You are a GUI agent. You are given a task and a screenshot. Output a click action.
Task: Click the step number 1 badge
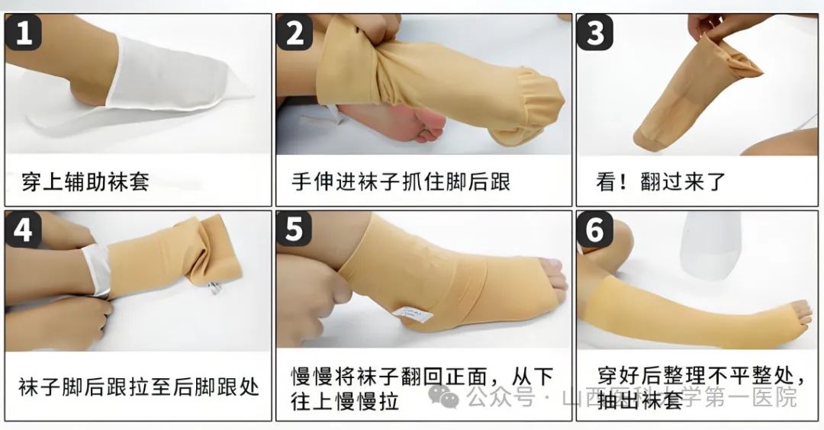(x=24, y=32)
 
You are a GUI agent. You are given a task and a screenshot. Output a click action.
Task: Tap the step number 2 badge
(x=295, y=32)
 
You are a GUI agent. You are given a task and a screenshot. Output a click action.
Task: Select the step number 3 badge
(x=595, y=32)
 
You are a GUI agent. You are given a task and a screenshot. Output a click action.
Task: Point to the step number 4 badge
(x=24, y=229)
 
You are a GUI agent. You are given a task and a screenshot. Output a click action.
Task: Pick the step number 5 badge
(x=294, y=229)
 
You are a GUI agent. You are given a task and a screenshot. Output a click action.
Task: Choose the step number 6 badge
(x=595, y=229)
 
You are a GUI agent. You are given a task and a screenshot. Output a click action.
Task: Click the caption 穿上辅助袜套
(x=85, y=181)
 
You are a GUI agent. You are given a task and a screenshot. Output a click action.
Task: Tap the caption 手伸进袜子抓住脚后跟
(x=401, y=181)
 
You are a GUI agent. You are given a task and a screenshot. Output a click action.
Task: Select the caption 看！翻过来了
(x=660, y=181)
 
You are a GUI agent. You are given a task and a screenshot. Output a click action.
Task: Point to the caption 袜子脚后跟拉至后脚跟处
(x=139, y=387)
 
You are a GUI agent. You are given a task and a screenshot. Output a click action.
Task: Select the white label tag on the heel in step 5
(x=413, y=313)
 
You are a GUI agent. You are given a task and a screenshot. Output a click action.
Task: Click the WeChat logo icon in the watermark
(x=443, y=396)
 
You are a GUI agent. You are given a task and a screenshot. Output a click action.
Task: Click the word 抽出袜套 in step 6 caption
(x=640, y=400)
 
